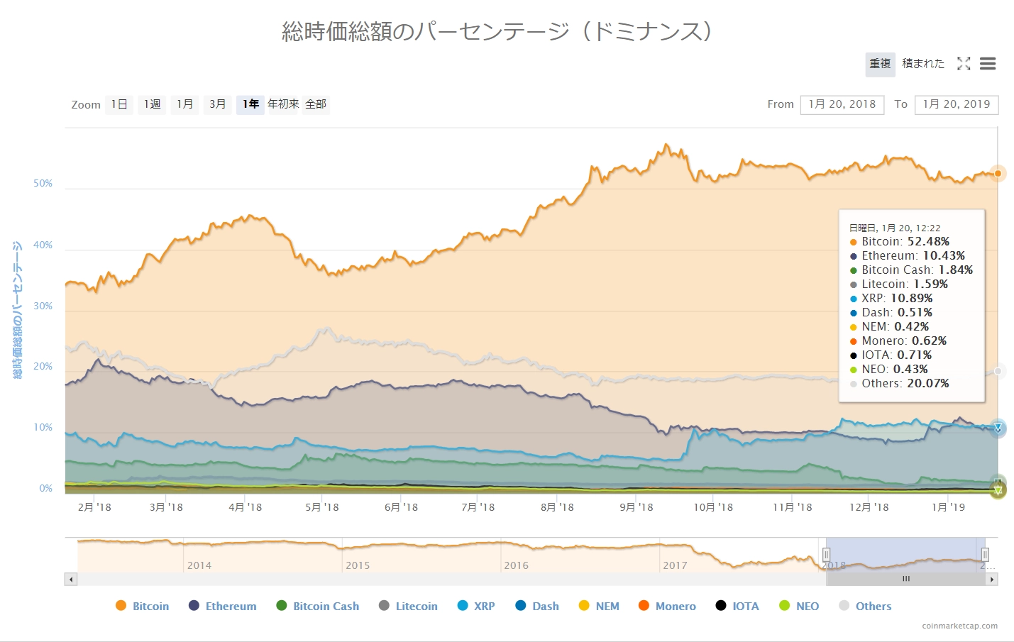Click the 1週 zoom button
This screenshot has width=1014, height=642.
pos(152,104)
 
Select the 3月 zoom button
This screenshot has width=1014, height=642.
pos(217,104)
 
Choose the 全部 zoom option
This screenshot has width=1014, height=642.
pos(316,104)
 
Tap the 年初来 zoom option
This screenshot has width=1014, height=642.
pos(283,104)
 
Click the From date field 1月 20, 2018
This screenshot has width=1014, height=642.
pos(842,104)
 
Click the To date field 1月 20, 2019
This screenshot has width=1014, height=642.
pos(957,104)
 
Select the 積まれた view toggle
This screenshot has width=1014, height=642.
pos(923,64)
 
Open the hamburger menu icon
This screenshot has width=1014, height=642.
pos(988,64)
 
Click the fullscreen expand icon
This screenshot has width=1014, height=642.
pos(964,64)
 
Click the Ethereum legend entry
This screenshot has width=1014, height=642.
pos(231,606)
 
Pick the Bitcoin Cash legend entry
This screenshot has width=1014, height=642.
pos(326,606)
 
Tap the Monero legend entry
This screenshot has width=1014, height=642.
pos(675,606)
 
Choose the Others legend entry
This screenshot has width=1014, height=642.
pos(873,606)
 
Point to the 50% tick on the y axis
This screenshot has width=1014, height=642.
pos(43,183)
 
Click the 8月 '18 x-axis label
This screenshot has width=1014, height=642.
pos(557,507)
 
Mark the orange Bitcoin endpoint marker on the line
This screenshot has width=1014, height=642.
pos(998,173)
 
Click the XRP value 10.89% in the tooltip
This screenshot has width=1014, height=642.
pos(911,298)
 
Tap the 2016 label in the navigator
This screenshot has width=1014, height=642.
pos(516,565)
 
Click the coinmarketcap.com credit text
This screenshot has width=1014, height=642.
pos(959,626)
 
